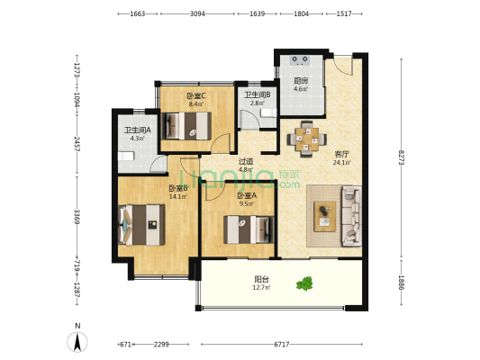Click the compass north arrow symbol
pyautogui.click(x=77, y=341)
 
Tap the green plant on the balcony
pyautogui.click(x=304, y=283)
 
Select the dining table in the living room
pyautogui.click(x=307, y=139)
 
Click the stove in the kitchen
pyautogui.click(x=300, y=60)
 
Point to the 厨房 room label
pyautogui.click(x=301, y=81)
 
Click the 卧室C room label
pyautogui.click(x=196, y=96)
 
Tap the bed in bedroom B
pyautogui.click(x=141, y=225)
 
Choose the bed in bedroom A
pyautogui.click(x=249, y=229)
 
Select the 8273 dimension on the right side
pyautogui.click(x=402, y=157)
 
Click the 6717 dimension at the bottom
pyautogui.click(x=282, y=345)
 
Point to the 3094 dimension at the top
pyautogui.click(x=197, y=13)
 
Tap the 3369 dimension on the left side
pyautogui.click(x=77, y=217)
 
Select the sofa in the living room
pyautogui.click(x=352, y=216)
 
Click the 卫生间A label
pyautogui.click(x=138, y=130)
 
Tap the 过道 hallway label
pyautogui.click(x=246, y=161)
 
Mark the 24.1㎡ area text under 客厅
pyautogui.click(x=341, y=163)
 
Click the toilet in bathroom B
pyautogui.click(x=268, y=112)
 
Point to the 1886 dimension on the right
pyautogui.click(x=402, y=283)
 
